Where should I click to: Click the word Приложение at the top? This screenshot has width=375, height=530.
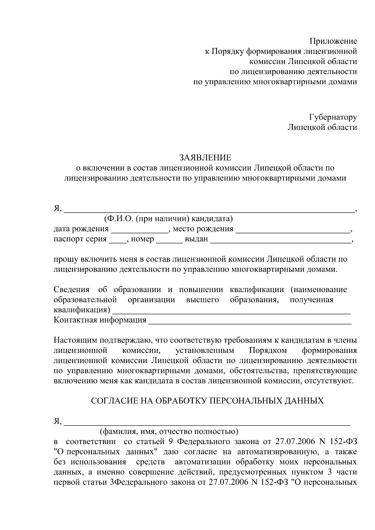click(333, 41)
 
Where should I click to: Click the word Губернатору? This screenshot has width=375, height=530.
click(333, 117)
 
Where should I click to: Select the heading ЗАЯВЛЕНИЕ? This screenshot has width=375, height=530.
click(205, 157)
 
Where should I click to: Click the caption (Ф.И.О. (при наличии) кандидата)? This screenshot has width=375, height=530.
click(168, 219)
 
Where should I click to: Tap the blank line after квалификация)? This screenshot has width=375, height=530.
click(231, 311)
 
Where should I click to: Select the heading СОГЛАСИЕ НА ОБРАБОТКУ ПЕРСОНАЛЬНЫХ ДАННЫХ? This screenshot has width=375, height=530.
click(207, 401)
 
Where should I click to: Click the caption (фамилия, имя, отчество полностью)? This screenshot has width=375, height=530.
click(169, 432)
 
